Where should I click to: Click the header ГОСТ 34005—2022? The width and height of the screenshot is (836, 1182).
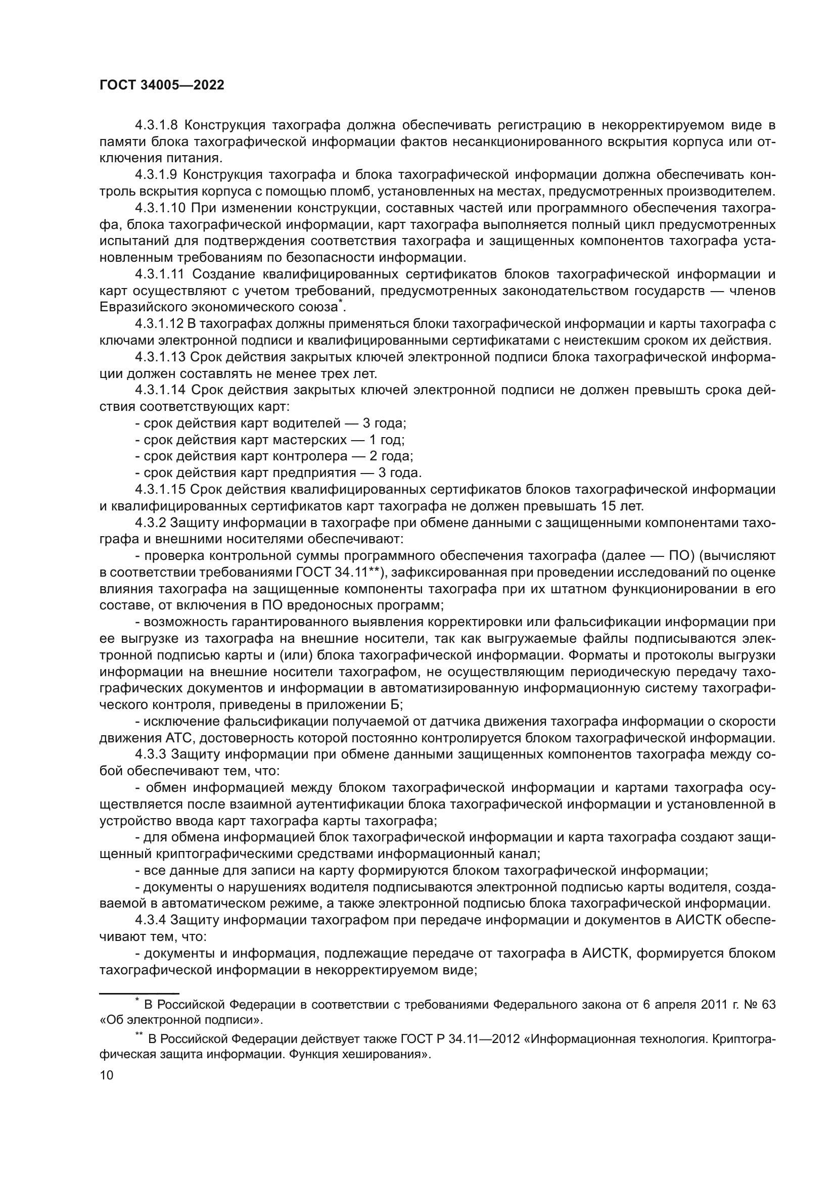pos(162,85)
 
